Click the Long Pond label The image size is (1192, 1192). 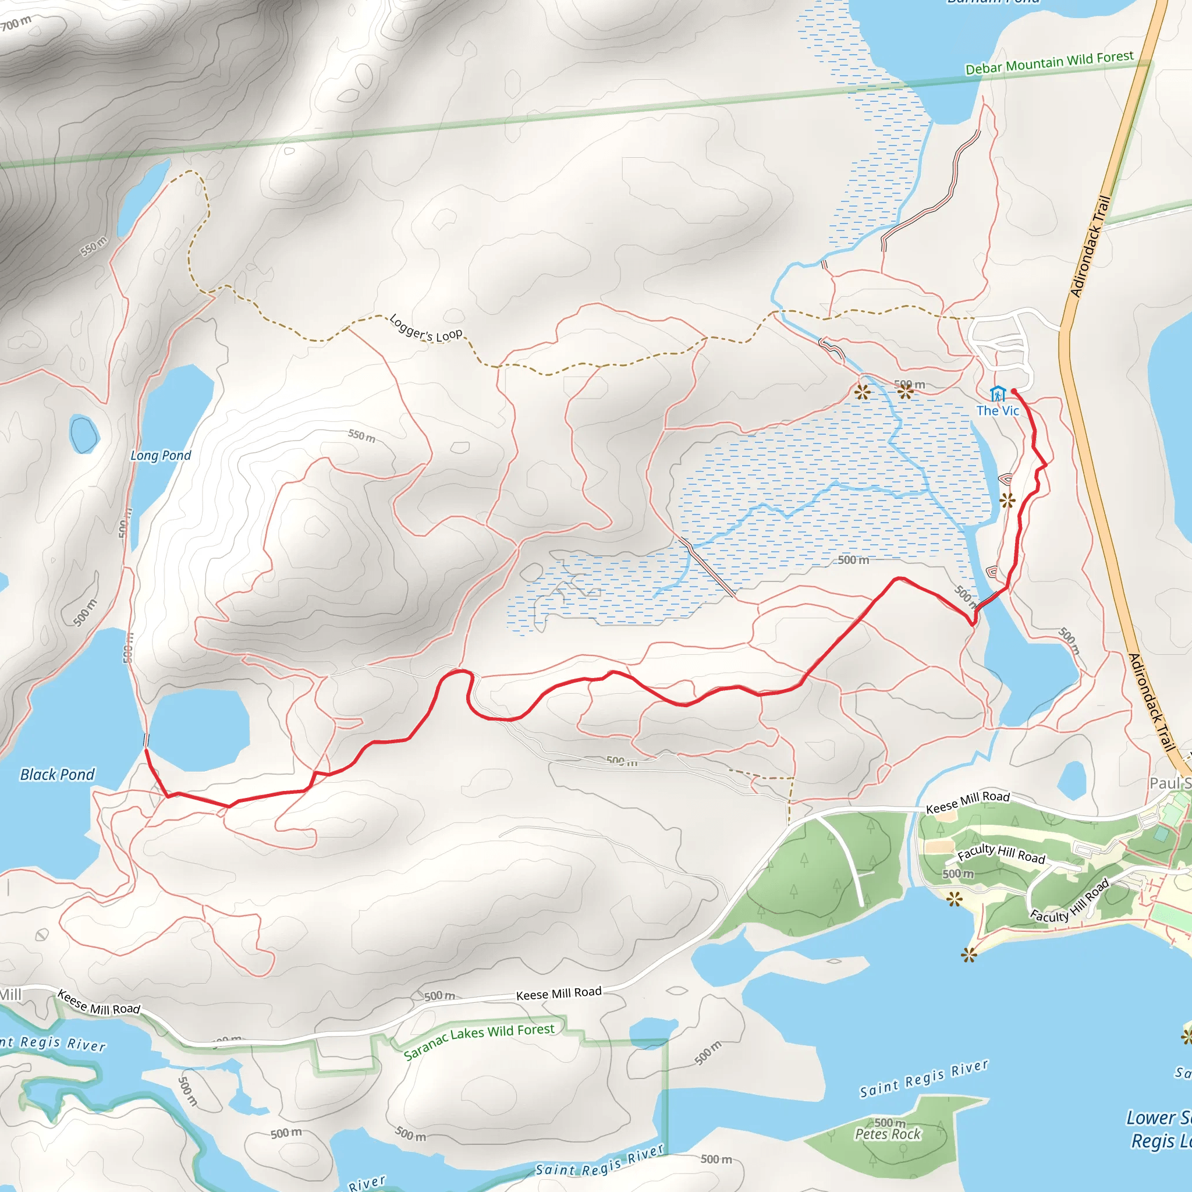click(161, 455)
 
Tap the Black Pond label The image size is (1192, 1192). click(58, 774)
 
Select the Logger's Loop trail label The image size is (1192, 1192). click(425, 328)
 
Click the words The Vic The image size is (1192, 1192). click(997, 410)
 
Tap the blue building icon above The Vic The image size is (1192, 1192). click(997, 393)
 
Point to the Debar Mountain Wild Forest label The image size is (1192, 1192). click(1049, 63)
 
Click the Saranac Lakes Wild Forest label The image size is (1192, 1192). click(480, 1041)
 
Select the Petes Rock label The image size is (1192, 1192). click(887, 1134)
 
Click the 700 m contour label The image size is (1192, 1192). click(17, 23)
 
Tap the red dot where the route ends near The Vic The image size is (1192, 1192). click(1014, 391)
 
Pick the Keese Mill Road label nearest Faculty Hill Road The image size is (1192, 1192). click(967, 801)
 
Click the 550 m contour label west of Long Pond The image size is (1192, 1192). click(94, 246)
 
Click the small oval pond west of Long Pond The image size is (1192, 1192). click(84, 434)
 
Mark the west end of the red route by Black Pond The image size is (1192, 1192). click(146, 750)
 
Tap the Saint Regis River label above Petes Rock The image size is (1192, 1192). click(924, 1079)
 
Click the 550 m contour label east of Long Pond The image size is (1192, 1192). click(361, 435)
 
